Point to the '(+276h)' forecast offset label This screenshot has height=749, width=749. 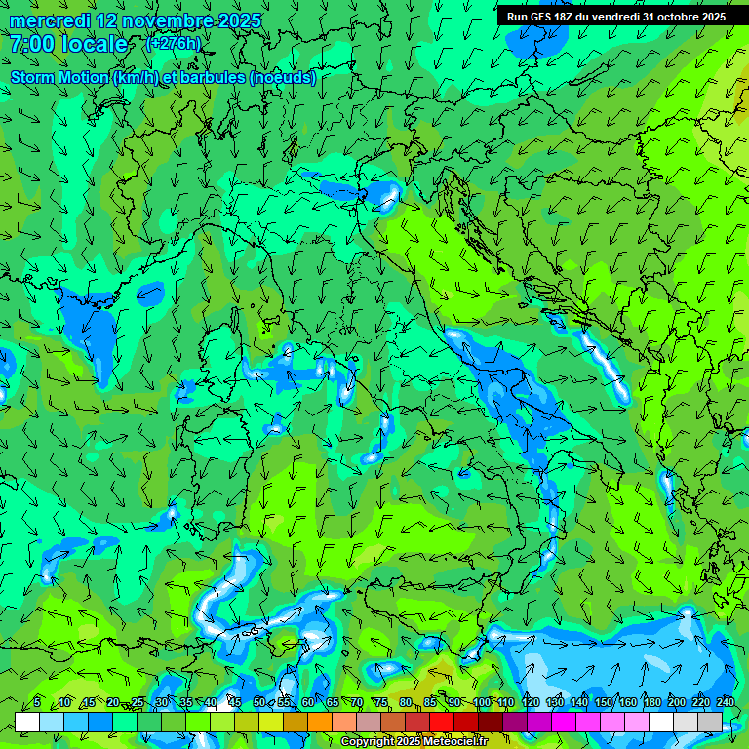[x=173, y=43]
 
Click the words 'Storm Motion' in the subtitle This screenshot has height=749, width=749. [x=59, y=77]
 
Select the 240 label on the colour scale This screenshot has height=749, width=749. [x=726, y=702]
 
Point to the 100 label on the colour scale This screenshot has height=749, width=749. [x=482, y=702]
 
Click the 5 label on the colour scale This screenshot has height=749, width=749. [x=37, y=702]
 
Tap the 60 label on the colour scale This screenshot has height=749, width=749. [x=307, y=702]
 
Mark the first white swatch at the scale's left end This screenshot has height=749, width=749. [x=27, y=722]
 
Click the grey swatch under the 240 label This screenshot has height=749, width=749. [x=710, y=722]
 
